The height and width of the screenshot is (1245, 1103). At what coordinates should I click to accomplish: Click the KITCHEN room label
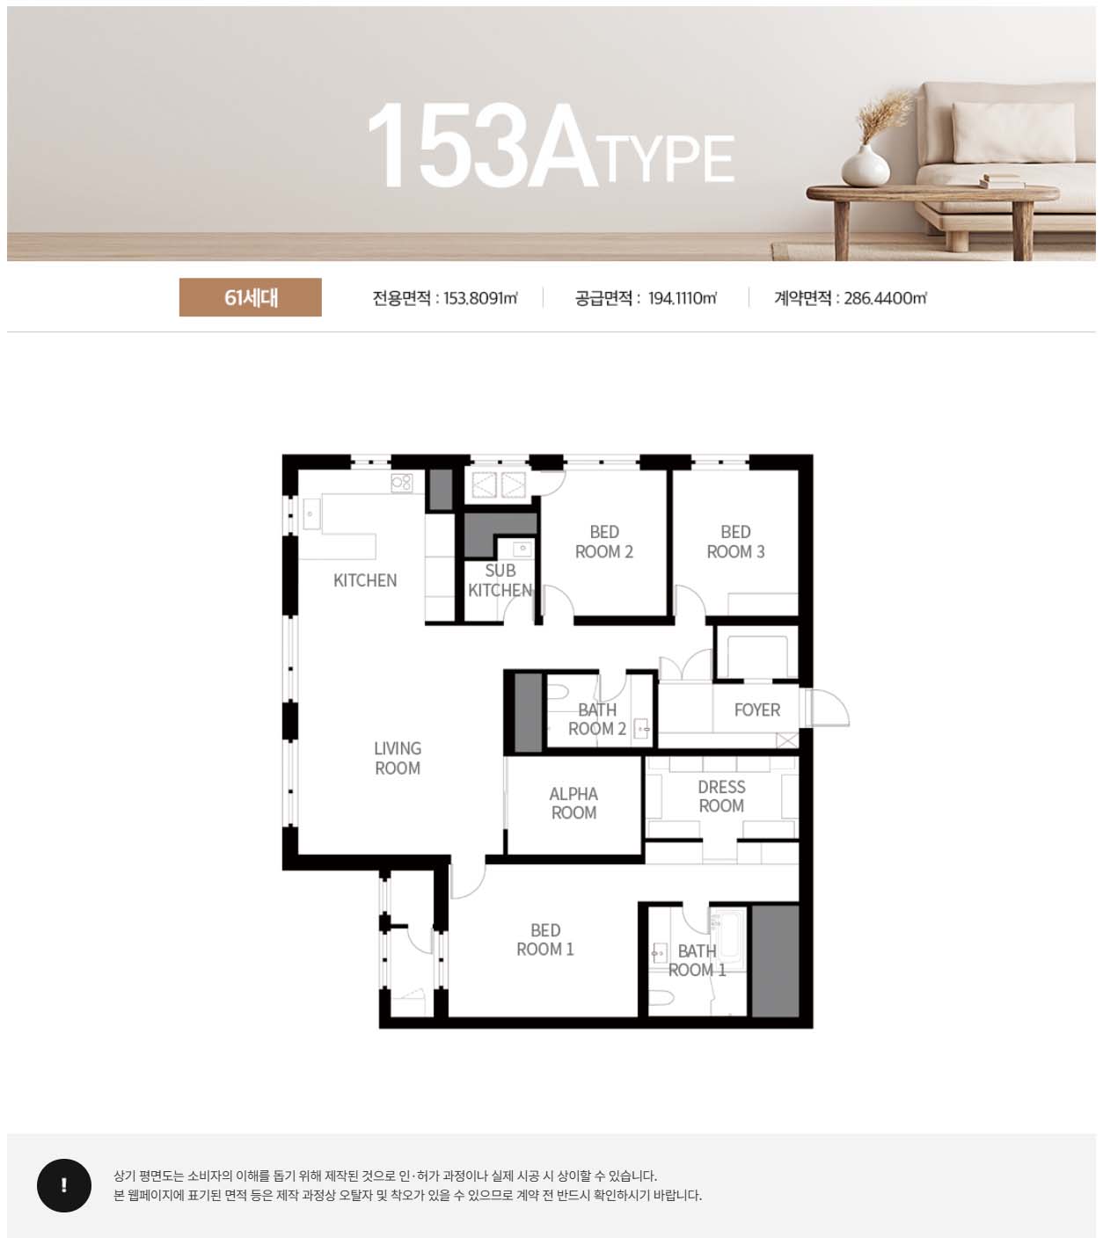[365, 580]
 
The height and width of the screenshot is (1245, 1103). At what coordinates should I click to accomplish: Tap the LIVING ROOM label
[398, 758]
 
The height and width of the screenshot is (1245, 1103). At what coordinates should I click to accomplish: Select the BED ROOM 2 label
[603, 542]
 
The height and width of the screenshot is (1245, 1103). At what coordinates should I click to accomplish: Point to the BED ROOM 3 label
[735, 542]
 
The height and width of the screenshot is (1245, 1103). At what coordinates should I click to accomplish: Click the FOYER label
[756, 710]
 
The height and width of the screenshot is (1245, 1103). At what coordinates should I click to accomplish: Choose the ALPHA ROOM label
[573, 803]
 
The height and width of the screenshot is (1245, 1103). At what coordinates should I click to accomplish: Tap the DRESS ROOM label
[721, 796]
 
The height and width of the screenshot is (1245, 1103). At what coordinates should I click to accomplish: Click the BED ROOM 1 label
[544, 940]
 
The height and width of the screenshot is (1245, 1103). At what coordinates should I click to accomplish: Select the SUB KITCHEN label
[500, 580]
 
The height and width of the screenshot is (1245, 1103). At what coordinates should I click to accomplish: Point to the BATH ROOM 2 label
[597, 719]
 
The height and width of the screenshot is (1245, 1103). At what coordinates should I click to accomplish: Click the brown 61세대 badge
[250, 297]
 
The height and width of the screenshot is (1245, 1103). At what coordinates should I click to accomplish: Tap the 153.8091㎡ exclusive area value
[481, 298]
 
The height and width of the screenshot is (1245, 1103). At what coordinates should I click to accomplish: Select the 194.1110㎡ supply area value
[683, 298]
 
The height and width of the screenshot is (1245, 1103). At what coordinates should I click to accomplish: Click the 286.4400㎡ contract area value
[886, 298]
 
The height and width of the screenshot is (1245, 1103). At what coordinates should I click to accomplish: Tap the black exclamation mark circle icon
[64, 1185]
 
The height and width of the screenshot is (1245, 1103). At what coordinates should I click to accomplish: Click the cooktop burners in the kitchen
[401, 483]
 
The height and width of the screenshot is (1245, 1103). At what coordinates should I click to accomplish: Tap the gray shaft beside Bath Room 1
[775, 960]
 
